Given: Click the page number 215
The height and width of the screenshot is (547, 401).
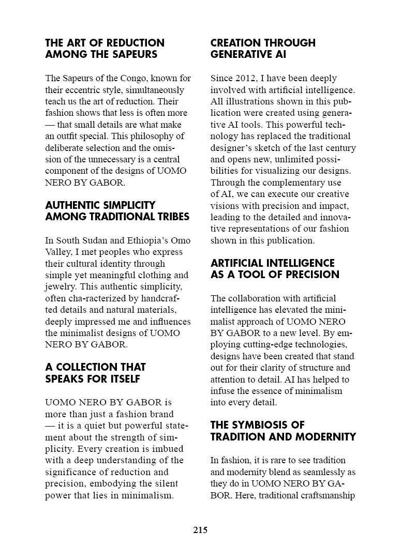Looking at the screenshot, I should tap(200, 530).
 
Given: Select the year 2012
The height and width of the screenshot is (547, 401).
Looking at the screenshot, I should tap(243, 79).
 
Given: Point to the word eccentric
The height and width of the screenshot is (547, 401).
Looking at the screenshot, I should tap(83, 90).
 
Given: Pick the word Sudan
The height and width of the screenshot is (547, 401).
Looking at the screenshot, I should tap(93, 240).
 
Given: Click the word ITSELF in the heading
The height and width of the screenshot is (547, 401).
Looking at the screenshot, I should tap(123, 379).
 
